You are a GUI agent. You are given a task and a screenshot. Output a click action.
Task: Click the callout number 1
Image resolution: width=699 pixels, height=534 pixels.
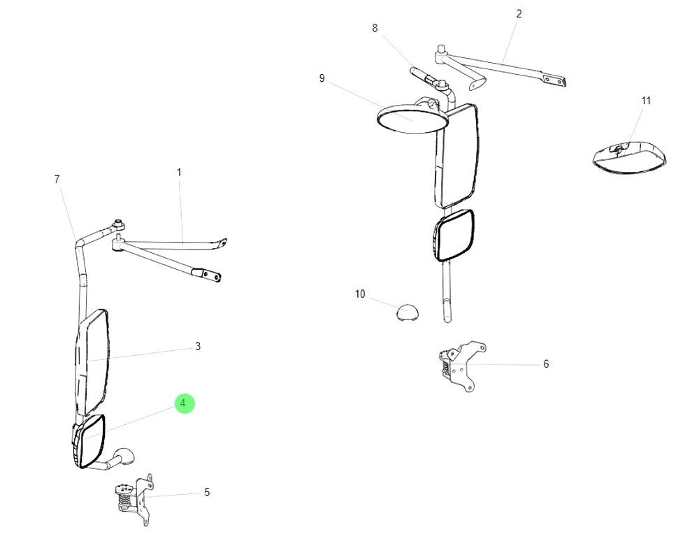click(x=179, y=171)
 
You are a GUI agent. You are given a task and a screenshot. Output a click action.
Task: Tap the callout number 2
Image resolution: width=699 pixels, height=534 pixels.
click(x=519, y=13)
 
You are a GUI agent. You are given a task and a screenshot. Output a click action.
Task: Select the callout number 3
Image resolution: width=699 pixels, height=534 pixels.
click(x=198, y=346)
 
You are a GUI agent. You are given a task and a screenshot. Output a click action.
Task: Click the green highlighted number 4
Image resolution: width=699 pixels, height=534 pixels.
click(x=182, y=403)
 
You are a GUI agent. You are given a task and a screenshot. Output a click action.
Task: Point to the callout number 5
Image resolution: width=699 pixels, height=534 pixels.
click(x=207, y=492)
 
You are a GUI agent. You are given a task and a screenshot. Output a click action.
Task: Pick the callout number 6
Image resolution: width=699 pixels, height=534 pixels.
click(x=546, y=363)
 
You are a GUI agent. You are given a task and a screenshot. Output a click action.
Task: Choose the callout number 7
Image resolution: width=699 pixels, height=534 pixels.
click(x=57, y=179)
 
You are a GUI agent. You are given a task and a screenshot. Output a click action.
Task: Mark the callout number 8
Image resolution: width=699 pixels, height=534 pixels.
click(x=375, y=28)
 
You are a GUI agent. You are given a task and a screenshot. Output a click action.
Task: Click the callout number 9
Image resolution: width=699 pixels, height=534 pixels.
click(x=322, y=78)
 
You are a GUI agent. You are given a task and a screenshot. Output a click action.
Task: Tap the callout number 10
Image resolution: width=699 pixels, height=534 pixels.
click(x=360, y=294)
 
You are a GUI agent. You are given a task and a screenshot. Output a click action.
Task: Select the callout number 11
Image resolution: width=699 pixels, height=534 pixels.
click(x=646, y=101)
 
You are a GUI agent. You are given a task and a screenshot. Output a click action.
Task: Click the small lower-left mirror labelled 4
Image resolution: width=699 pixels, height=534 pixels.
click(x=89, y=442)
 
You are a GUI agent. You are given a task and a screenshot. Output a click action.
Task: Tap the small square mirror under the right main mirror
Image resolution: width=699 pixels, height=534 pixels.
click(x=454, y=236)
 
